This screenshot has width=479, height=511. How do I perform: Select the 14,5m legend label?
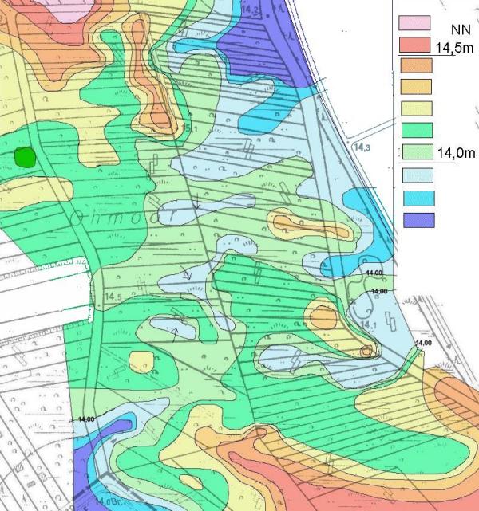click(454, 49)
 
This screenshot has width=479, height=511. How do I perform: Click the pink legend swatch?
click(414, 29)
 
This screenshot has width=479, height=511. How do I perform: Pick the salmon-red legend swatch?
click(414, 48)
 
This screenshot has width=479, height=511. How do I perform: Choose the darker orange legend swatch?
click(414, 67)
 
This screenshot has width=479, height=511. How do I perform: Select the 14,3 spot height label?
click(362, 146)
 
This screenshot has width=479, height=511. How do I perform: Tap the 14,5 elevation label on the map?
click(113, 297)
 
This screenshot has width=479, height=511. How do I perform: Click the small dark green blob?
click(26, 157)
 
